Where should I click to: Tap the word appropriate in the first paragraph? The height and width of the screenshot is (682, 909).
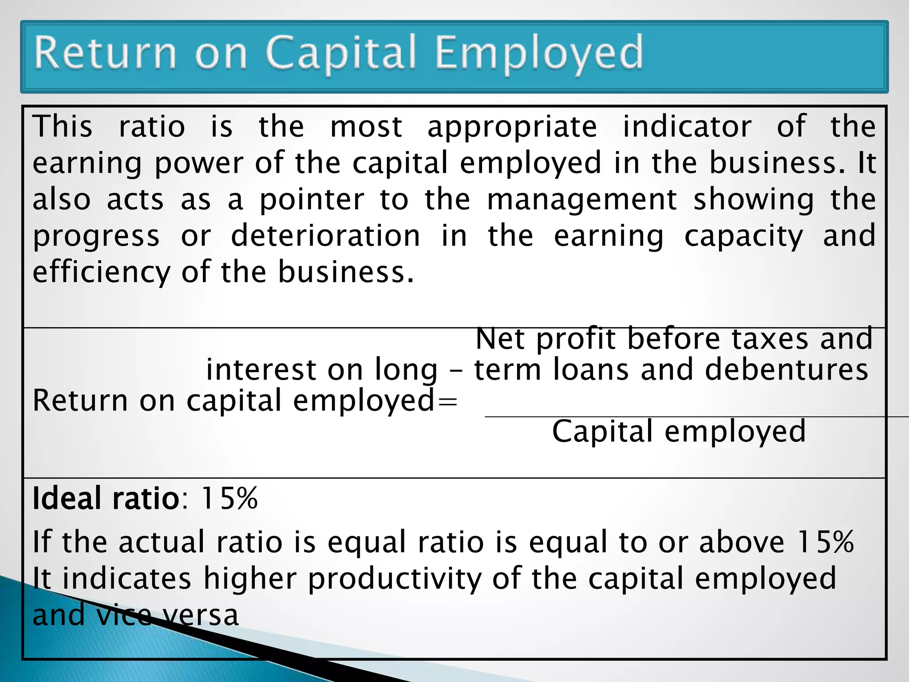512,127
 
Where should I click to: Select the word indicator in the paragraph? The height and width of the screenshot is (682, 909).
687,127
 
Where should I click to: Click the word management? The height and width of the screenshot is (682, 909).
581,200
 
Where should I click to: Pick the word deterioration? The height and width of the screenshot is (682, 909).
325,236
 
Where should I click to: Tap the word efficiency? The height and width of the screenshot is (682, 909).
101,272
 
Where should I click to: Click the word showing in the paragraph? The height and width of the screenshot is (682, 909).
754,200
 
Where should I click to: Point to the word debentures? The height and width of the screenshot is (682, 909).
786,370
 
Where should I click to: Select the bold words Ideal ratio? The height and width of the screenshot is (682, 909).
106,498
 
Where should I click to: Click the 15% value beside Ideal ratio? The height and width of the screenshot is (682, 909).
229,498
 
